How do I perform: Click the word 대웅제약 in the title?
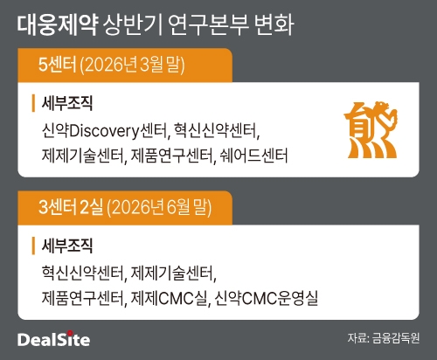click(57, 24)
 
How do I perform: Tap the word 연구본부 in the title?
click(208, 24)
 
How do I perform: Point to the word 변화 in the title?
click(274, 24)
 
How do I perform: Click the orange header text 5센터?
click(58, 65)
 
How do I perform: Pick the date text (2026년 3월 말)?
click(132, 65)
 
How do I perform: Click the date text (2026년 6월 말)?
click(159, 207)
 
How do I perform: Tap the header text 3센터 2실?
click(71, 207)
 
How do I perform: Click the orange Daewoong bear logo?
click(371, 130)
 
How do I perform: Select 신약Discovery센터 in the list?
click(105, 131)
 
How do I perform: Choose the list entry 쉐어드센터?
click(253, 156)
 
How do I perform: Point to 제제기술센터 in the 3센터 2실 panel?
click(173, 273)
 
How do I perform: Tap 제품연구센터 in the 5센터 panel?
click(172, 156)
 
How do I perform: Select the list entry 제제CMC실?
click(170, 298)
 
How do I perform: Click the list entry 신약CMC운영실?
click(266, 298)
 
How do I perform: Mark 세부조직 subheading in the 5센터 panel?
click(67, 103)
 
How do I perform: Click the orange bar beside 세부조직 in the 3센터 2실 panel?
click(33, 246)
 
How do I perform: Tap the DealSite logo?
click(53, 339)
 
